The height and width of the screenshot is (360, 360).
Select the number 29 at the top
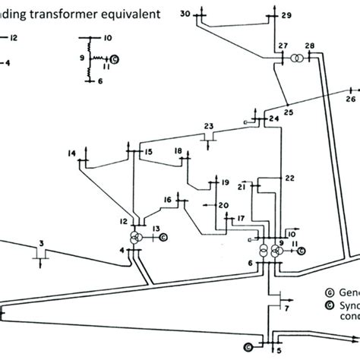click(286, 15)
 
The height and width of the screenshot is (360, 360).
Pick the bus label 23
click(209, 126)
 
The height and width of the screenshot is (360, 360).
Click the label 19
click(225, 182)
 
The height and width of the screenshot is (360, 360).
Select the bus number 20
click(223, 205)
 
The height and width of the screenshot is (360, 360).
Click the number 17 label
click(240, 219)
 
